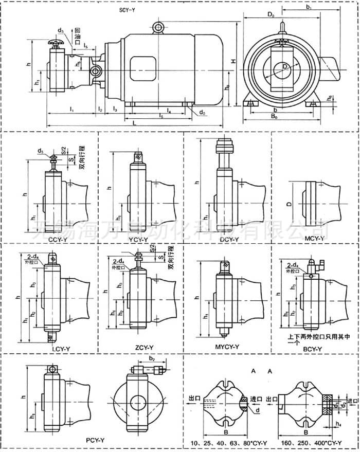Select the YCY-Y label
point(137,240)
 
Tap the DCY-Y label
point(228,239)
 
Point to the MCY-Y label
point(314,239)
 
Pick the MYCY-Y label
point(227,347)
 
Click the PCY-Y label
point(95,441)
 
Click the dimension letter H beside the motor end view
point(233,61)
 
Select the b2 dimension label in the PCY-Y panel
point(151,358)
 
